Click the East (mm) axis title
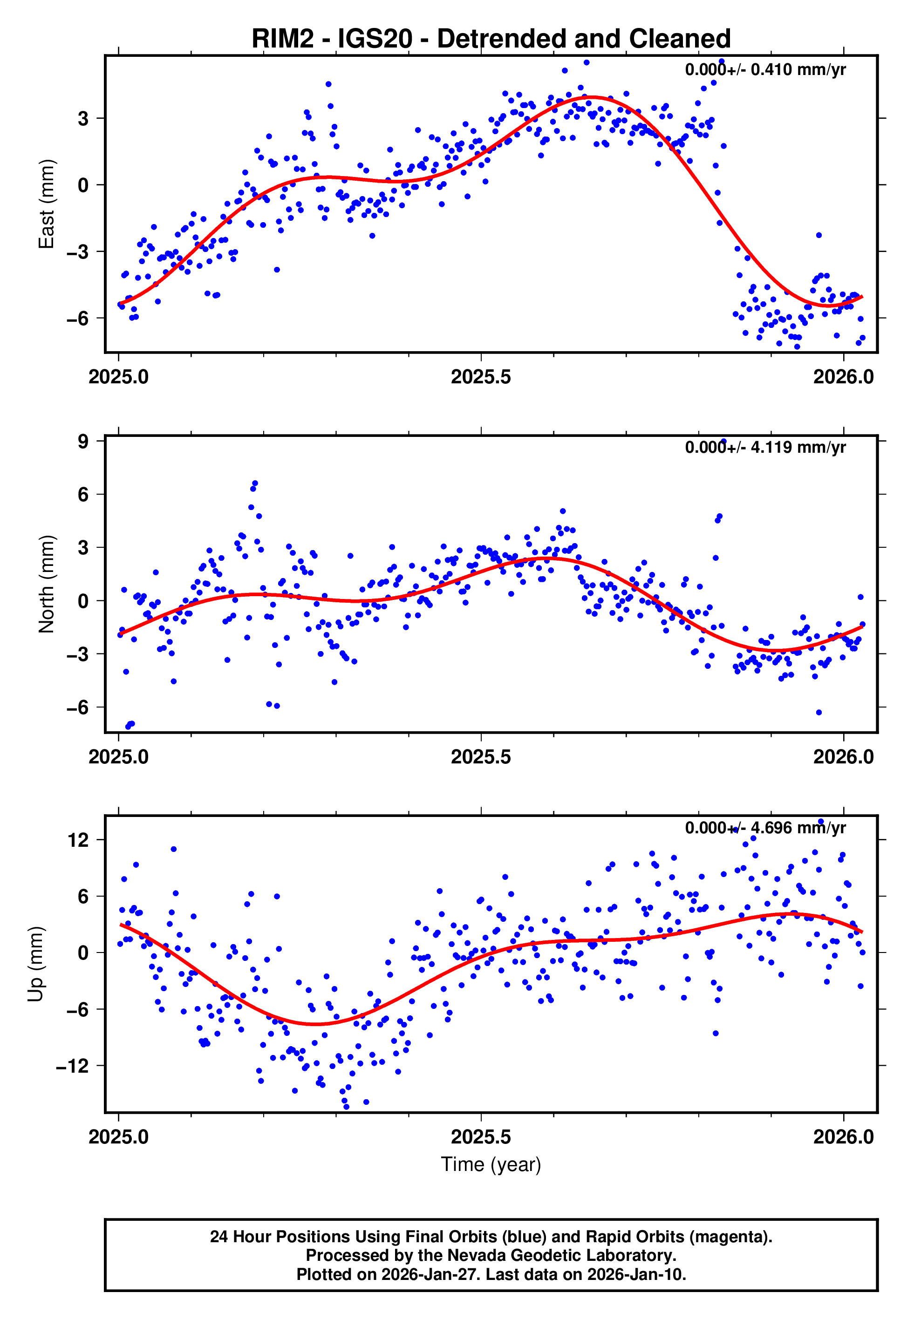pos(47,204)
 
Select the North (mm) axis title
pos(47,584)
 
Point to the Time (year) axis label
pos(491,1164)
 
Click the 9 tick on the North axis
pos(83,442)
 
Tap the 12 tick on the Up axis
pos(78,840)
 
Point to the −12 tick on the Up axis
pos(73,1066)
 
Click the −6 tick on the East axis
pos(78,318)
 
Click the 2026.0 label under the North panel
pos(843,757)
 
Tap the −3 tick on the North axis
pos(78,654)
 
